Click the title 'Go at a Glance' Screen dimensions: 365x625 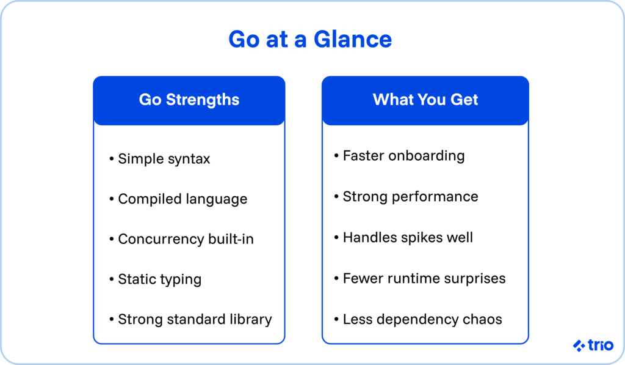[x=310, y=40]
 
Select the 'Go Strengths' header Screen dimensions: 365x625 [x=189, y=100]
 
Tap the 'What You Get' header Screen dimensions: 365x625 [x=425, y=100]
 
